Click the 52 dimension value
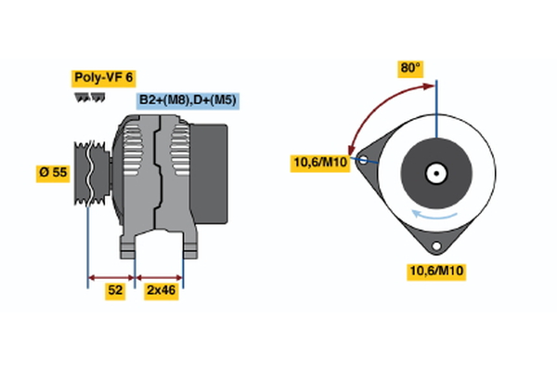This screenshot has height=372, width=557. point(115,291)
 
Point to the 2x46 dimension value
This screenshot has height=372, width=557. point(160,291)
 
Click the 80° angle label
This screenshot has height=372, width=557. point(410,68)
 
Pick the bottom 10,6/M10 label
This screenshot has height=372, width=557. point(436,271)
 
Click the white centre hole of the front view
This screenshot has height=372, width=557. point(435,173)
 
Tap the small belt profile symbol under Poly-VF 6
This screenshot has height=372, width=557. point(84,96)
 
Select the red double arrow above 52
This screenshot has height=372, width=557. point(111,276)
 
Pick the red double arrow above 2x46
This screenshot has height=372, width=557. point(160,276)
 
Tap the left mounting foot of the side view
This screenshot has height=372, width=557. point(130,247)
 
